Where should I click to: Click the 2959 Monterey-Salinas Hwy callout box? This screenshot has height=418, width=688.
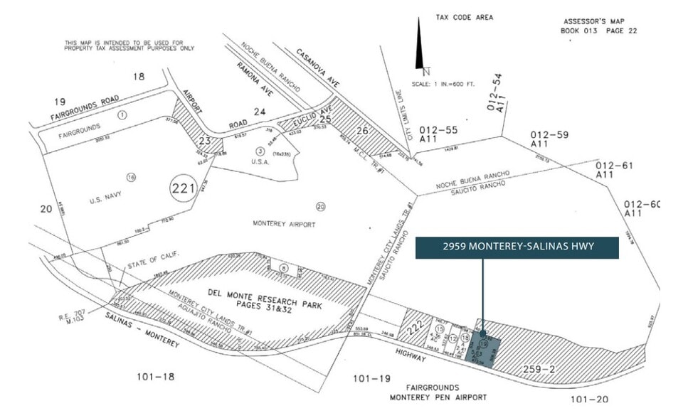coord(518,247)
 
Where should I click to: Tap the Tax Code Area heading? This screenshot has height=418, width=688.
coord(465,17)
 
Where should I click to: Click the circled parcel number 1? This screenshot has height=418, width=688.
coord(122,114)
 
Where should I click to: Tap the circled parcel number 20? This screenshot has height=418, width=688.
coord(320,206)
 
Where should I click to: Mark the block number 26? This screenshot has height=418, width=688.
coord(362,130)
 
